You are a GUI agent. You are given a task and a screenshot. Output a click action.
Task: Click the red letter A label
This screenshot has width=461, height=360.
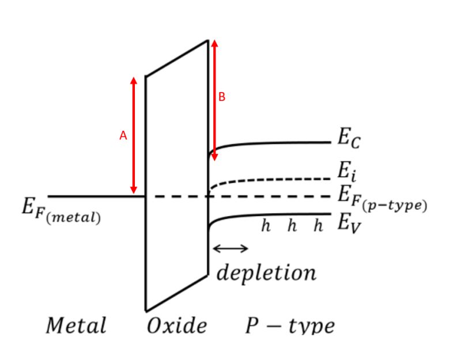click(123, 136)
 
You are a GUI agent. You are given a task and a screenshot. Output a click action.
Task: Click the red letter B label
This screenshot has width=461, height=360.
click(222, 97)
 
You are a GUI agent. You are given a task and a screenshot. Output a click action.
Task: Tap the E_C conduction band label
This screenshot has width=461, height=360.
click(349, 138)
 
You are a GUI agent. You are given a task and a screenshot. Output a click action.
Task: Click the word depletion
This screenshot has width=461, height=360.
click(266, 272)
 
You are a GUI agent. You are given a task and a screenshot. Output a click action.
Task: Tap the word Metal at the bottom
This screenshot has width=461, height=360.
click(76, 325)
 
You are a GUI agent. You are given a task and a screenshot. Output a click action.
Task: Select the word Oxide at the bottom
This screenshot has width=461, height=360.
click(176, 325)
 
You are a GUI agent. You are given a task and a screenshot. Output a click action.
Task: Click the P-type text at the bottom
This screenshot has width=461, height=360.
click(289, 326)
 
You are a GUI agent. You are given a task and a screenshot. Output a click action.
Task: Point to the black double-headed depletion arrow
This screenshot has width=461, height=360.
click(231, 249)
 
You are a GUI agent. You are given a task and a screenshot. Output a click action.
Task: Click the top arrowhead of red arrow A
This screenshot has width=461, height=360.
click(134, 79)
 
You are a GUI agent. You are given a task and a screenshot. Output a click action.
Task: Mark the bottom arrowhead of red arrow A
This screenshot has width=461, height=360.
click(134, 191)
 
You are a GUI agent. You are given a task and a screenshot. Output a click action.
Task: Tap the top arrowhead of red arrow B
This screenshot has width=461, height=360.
click(214, 43)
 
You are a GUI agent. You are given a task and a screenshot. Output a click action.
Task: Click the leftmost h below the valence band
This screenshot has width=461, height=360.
click(266, 226)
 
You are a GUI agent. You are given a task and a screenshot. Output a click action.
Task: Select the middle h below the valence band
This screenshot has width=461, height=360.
click(292, 226)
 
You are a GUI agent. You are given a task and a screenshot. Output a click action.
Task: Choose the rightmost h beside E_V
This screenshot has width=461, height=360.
click(318, 226)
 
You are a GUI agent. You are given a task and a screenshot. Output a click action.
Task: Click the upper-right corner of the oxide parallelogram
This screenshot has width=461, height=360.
click(208, 40)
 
